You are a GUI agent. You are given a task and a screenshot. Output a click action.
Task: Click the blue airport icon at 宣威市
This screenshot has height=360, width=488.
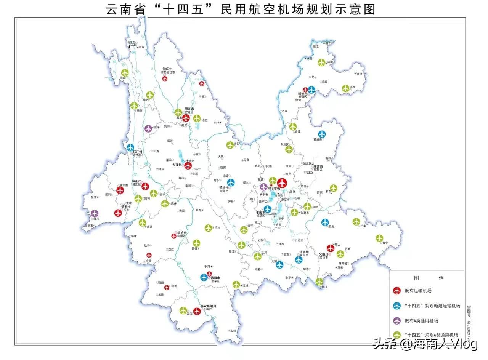(322, 134)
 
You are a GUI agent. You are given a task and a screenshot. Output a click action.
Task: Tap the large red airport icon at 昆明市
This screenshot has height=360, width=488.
(282, 183)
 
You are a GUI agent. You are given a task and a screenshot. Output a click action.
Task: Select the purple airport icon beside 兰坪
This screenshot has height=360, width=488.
(148, 128)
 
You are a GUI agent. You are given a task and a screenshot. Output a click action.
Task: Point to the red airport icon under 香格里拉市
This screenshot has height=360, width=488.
(165, 78)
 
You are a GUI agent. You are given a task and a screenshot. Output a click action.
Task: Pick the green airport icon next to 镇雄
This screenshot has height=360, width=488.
(345, 88)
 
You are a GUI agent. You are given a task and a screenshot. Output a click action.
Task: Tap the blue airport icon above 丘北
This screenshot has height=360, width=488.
(325, 222)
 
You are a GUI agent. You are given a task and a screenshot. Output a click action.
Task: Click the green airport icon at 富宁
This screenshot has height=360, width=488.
(379, 238)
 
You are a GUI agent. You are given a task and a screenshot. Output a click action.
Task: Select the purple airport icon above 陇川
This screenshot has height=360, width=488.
(95, 213)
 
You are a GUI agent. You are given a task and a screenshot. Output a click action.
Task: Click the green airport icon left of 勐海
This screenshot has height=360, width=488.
(183, 310)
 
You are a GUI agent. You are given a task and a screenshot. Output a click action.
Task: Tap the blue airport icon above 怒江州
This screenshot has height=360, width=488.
(131, 147)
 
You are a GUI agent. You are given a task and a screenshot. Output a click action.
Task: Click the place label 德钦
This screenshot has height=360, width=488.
(141, 47)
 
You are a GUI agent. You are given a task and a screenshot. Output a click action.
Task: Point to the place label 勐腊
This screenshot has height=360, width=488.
(234, 331)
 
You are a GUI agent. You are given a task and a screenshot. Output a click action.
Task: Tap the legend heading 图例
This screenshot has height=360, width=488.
(426, 278)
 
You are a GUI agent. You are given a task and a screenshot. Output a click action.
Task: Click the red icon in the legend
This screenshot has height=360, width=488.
(397, 291)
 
